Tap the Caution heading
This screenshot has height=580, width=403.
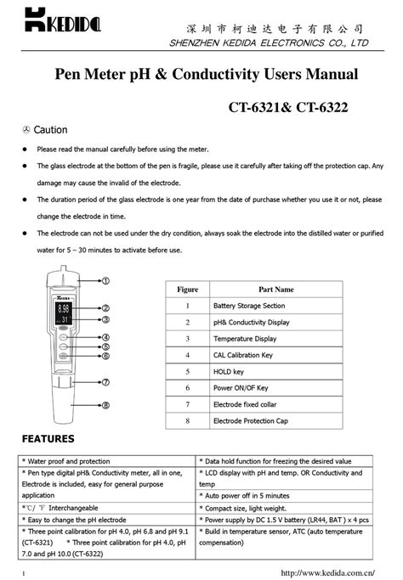50,130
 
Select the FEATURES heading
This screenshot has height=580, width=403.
48,439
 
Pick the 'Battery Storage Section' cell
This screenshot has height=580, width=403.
249,306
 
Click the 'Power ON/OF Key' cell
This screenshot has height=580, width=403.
241,387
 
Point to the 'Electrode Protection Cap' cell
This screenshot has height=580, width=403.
251,420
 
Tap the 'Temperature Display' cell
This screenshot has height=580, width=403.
244,339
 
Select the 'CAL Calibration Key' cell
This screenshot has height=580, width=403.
243,355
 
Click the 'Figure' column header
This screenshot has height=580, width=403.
187,290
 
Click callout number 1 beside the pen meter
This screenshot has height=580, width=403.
107,279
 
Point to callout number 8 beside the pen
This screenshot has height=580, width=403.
107,405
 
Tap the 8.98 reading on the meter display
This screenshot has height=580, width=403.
63,309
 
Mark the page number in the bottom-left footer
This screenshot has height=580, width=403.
23,573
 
